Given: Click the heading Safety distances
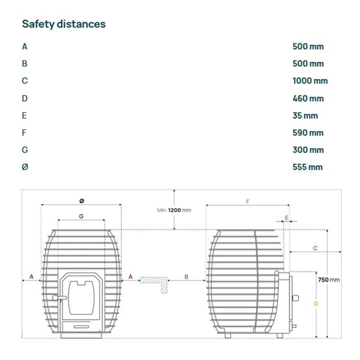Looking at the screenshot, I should tap(63, 24).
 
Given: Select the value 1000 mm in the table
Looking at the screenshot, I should tap(310, 81).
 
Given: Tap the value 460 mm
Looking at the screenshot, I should tap(308, 98).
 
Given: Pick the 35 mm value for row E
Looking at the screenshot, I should tap(305, 116).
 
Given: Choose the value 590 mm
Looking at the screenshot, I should tap(308, 133).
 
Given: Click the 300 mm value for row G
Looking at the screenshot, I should tap(308, 150).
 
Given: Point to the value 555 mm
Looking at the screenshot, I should tap(307, 167).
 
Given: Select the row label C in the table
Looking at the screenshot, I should tap(25, 81).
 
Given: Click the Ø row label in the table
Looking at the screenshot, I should tap(25, 167).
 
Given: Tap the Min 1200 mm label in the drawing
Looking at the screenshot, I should tap(174, 210).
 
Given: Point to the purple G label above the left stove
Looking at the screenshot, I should tap(81, 216).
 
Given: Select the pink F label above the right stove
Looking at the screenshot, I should tap(247, 202).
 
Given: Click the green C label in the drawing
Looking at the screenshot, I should tap(315, 248).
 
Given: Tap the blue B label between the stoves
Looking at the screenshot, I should tap(186, 277).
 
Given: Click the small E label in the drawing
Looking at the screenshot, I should tap(286, 218).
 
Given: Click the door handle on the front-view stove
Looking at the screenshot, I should tap(56, 297).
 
